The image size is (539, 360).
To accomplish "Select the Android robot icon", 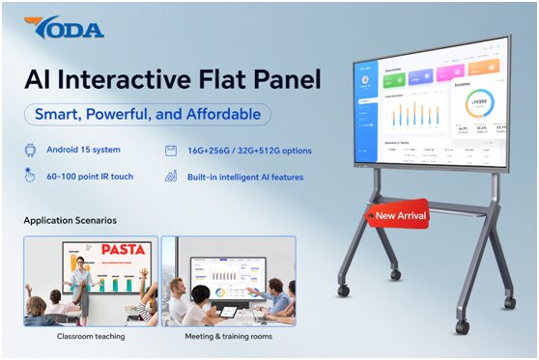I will click(x=30, y=151).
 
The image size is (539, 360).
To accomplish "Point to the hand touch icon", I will click(x=30, y=176).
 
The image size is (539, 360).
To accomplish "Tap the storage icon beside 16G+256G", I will click(x=169, y=151).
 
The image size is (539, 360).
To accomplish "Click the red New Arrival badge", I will click(x=397, y=214).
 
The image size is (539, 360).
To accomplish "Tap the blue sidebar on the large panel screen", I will click(x=364, y=116).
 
